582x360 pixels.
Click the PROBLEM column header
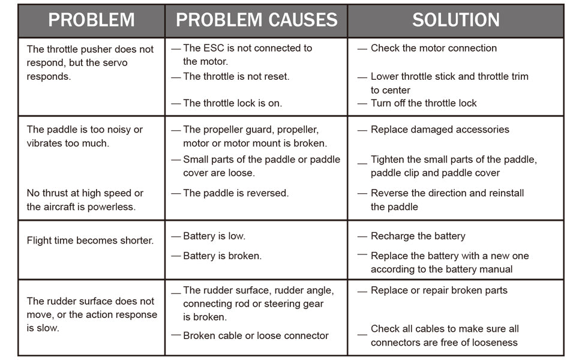pyautogui.click(x=91, y=20)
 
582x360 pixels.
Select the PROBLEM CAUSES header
pyautogui.click(x=256, y=20)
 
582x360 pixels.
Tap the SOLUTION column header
pyautogui.click(x=456, y=20)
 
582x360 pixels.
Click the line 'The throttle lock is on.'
pyautogui.click(x=233, y=103)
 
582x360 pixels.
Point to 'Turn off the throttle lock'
pyautogui.click(x=424, y=103)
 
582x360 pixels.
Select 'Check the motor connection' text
pyautogui.click(x=434, y=48)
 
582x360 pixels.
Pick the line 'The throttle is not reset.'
pyautogui.click(x=236, y=76)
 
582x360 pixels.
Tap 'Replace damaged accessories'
pyautogui.click(x=440, y=130)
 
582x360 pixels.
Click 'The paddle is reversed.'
pyautogui.click(x=236, y=193)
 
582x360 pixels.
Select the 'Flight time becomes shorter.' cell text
pyautogui.click(x=90, y=241)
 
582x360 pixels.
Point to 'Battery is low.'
pyautogui.click(x=214, y=236)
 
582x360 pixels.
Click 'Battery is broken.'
pyautogui.click(x=223, y=256)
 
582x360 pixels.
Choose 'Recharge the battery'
pyautogui.click(x=418, y=236)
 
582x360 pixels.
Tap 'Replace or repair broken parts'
pyautogui.click(x=439, y=290)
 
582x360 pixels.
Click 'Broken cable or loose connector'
pyautogui.click(x=256, y=335)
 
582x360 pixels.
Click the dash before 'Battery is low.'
pyautogui.click(x=176, y=236)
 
